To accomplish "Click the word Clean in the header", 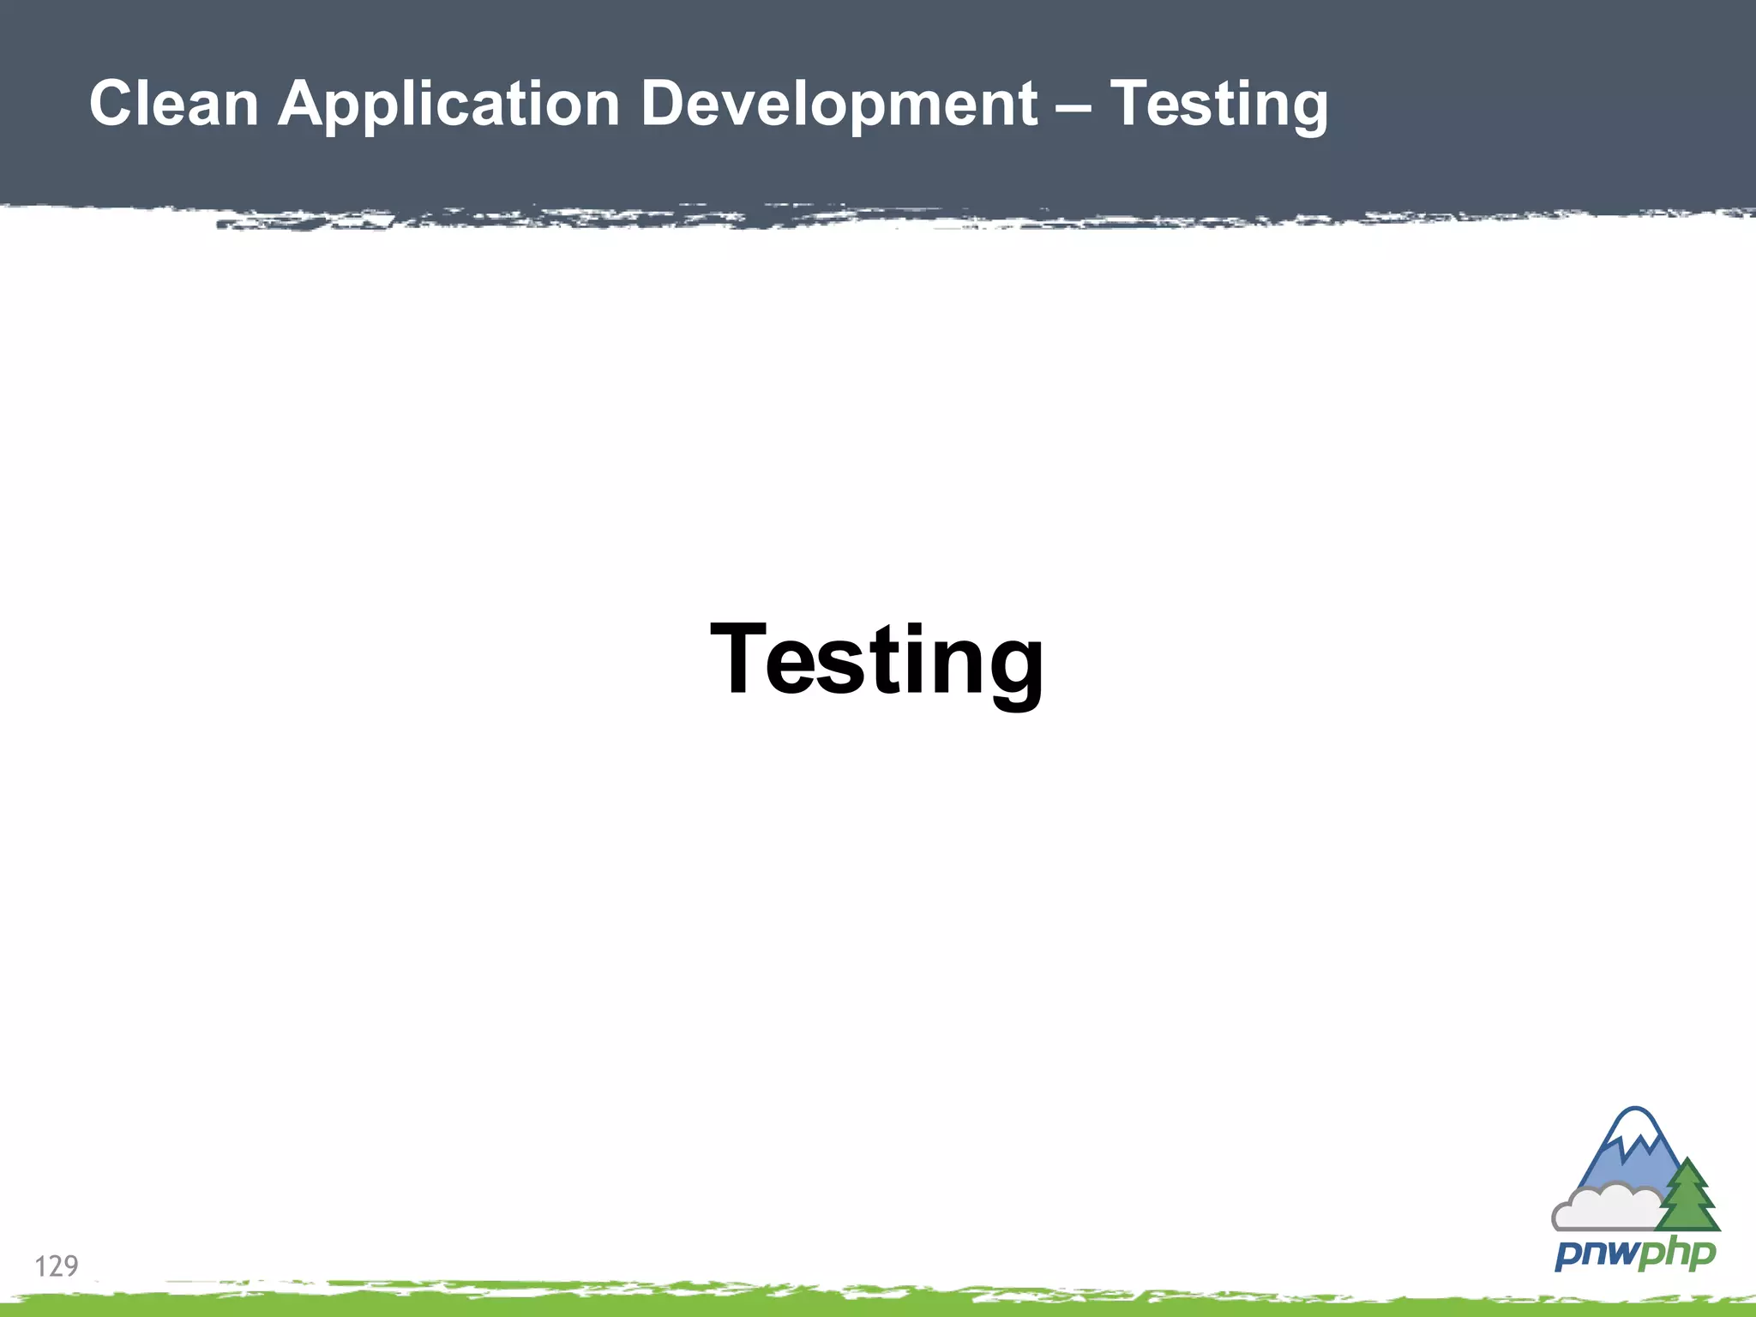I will pos(174,104).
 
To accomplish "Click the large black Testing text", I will pos(877,660).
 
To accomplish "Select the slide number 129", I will pos(57,1266).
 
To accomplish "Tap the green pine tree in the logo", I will pos(1688,1198).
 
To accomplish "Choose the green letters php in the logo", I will pos(1676,1254).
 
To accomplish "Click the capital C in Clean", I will pos(111,104).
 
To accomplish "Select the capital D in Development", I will pos(663,104).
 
